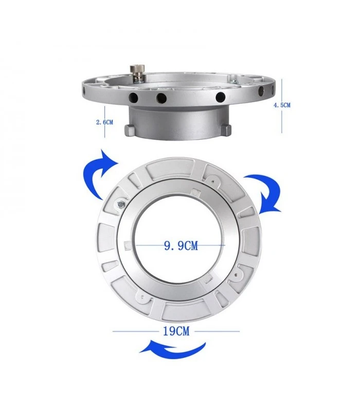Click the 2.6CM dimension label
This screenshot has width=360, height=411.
[105, 122]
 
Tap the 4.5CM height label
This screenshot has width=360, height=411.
[282, 105]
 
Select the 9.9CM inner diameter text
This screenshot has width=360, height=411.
[181, 246]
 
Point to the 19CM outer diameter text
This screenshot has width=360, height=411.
[176, 331]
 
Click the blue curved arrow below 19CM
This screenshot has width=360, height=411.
[173, 350]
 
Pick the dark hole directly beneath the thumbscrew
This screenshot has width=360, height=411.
[133, 98]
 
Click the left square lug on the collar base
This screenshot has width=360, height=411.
[130, 130]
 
